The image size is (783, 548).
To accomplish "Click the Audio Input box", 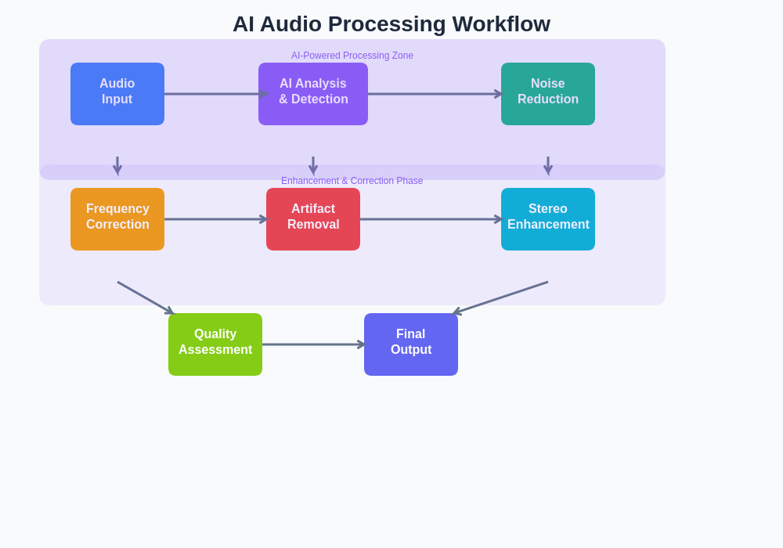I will (x=117, y=94).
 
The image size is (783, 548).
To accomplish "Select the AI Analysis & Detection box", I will (x=313, y=94).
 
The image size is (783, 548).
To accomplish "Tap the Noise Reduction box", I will (x=548, y=94).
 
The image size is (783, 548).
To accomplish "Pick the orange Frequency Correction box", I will (x=117, y=219).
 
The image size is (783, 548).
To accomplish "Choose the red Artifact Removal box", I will (x=313, y=219).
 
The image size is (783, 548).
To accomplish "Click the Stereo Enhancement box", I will (x=548, y=219).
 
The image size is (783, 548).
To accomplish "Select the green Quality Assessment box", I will (x=215, y=344).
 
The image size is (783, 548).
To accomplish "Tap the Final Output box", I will (x=411, y=344).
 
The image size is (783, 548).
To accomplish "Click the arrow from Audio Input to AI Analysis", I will (x=211, y=94).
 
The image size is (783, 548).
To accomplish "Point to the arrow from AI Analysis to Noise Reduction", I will (x=435, y=94).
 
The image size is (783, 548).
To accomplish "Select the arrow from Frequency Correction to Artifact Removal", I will (x=215, y=219).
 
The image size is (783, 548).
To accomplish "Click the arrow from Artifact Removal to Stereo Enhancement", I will (x=431, y=219).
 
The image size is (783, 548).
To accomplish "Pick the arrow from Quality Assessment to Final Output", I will (x=313, y=344).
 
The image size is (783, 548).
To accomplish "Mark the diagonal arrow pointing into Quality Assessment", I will (x=146, y=298).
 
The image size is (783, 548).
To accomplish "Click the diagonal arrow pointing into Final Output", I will (x=501, y=297).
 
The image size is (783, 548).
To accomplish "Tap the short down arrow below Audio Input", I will (x=117, y=165).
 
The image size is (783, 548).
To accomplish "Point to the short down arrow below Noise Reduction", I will (x=548, y=165).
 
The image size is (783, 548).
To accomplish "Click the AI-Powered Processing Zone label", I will (x=352, y=56).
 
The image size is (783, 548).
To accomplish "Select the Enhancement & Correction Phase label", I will (x=352, y=181).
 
